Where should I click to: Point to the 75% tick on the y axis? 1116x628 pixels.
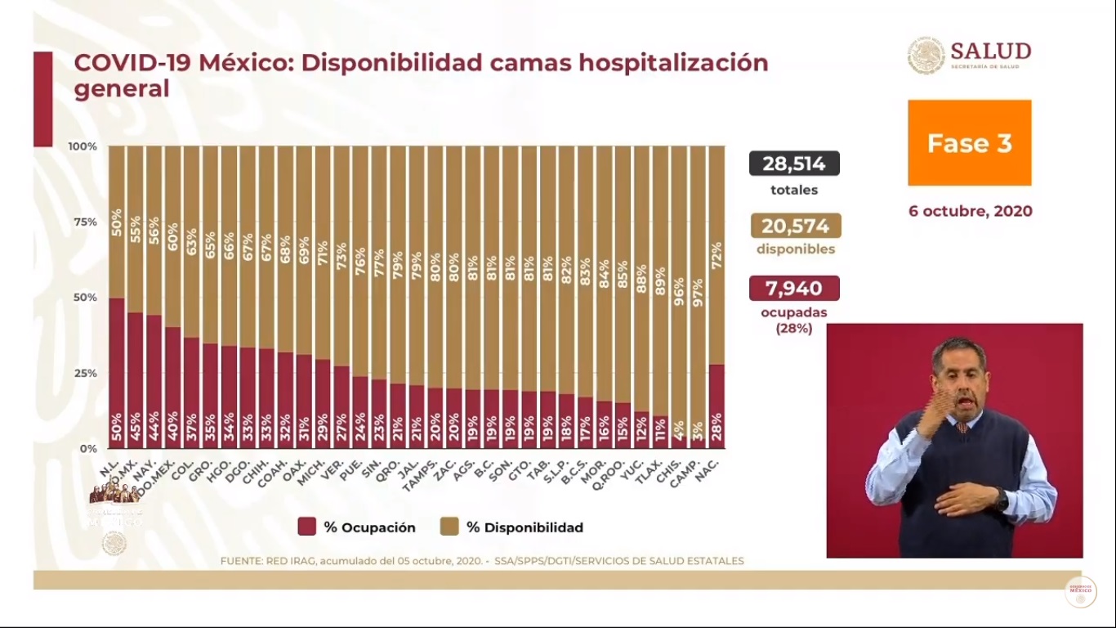(x=84, y=222)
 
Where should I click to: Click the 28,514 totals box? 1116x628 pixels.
(x=794, y=164)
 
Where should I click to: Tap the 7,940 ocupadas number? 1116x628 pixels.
(x=794, y=288)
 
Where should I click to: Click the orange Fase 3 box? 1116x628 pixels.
(x=969, y=143)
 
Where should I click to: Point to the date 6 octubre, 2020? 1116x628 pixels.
(x=970, y=211)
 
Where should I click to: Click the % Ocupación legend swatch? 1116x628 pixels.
(x=307, y=527)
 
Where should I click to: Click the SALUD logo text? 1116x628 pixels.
(x=990, y=52)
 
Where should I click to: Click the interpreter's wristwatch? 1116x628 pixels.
(x=1002, y=498)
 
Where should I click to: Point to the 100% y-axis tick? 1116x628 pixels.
(x=83, y=146)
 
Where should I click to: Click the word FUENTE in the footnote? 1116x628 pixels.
(x=243, y=561)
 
